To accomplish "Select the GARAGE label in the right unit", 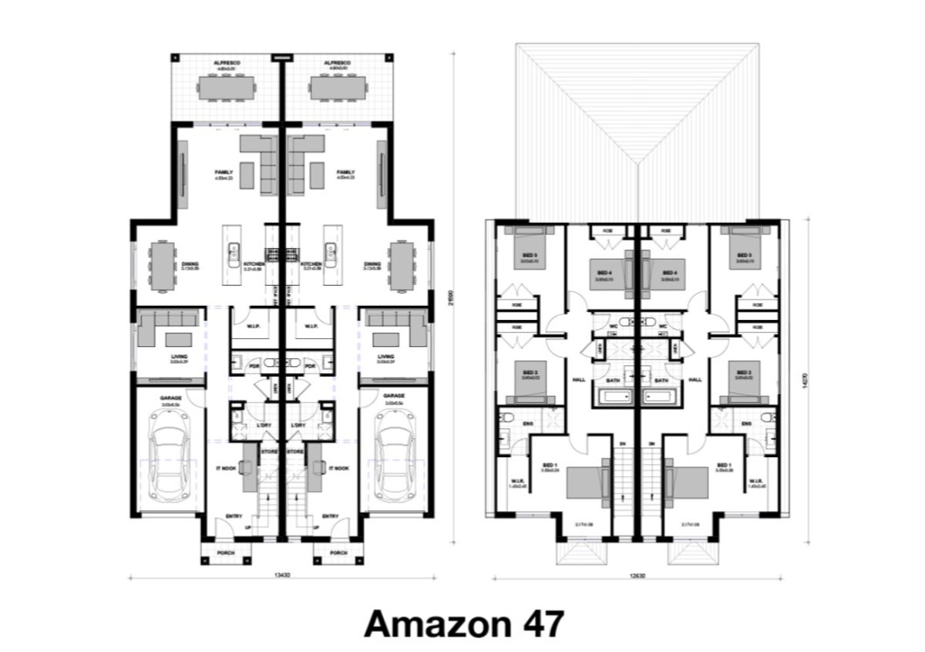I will tap(392, 398).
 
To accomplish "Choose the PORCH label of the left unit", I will tap(226, 553).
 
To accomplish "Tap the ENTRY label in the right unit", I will tap(330, 516).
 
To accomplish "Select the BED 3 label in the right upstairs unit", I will tap(743, 255).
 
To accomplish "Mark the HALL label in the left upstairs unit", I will tap(578, 380).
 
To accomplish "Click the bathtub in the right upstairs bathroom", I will tap(661, 398).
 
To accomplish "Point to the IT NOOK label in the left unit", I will tap(227, 468).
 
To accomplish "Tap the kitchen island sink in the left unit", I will tap(232, 250).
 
